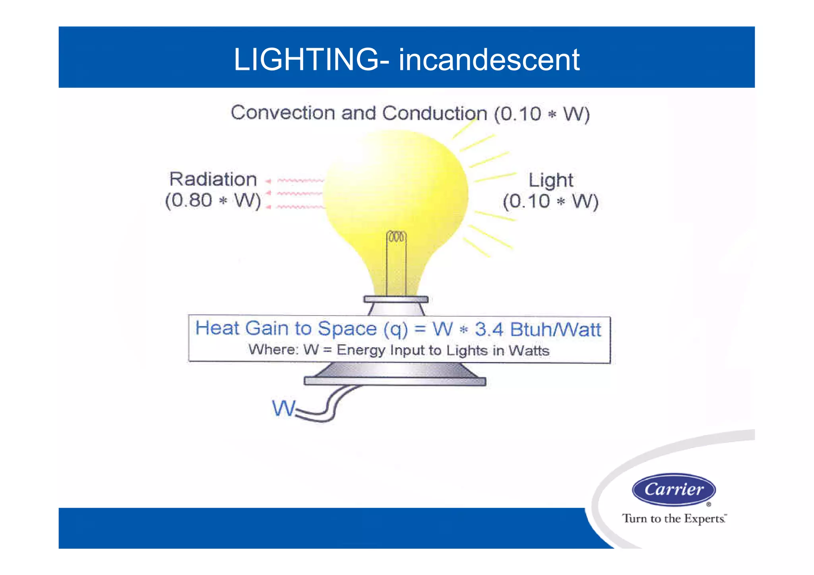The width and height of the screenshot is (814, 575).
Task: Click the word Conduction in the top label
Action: click(x=434, y=114)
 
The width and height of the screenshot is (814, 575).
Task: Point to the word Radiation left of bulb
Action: click(x=213, y=179)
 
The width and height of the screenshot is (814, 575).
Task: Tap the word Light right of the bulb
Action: click(x=550, y=181)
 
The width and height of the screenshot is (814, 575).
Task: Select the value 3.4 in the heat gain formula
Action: click(x=489, y=329)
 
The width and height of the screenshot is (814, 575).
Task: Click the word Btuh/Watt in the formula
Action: click(x=555, y=330)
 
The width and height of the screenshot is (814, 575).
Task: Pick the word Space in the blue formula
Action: click(x=347, y=329)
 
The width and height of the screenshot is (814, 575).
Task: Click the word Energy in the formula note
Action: click(x=361, y=350)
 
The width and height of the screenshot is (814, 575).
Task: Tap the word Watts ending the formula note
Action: click(x=529, y=351)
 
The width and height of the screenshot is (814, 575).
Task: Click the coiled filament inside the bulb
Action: click(x=396, y=237)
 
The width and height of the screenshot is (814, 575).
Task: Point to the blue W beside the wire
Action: click(x=283, y=408)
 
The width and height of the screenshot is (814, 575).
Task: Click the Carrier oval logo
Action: click(x=674, y=490)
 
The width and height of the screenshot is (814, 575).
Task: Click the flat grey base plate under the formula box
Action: click(x=395, y=381)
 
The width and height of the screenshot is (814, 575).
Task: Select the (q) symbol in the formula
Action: click(x=395, y=329)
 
